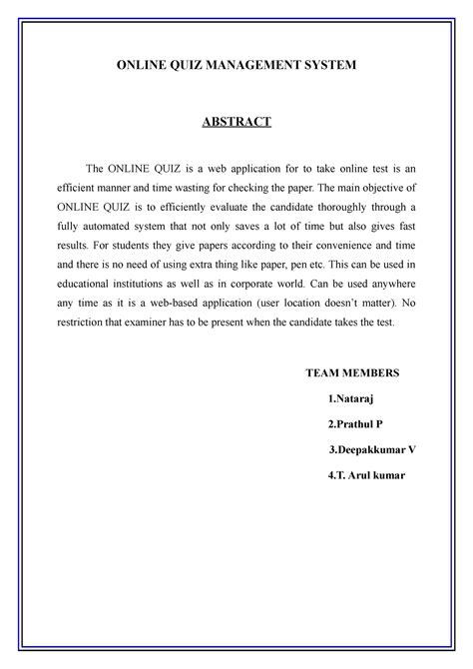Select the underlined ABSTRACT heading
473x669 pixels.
pos(236,123)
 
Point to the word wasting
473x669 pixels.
pos(223,187)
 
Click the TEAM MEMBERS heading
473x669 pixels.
pos(351,372)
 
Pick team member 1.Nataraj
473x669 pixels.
pos(350,398)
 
